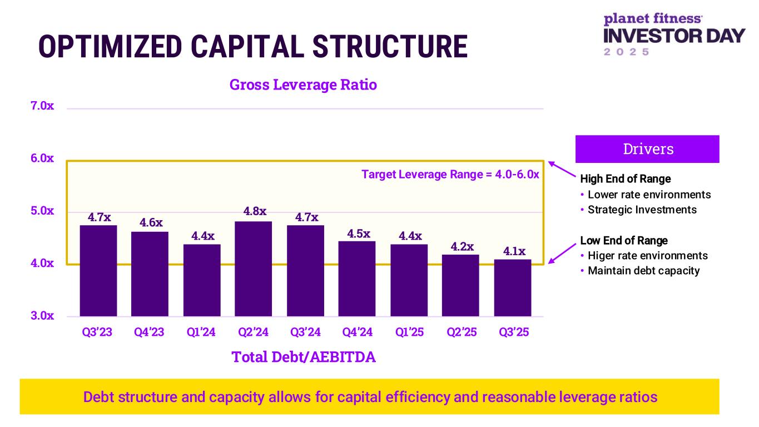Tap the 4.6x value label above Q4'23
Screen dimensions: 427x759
tap(151, 223)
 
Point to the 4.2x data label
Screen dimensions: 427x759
tap(462, 246)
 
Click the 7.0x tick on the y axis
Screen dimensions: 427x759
tap(42, 106)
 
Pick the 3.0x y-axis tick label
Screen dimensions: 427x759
tap(42, 316)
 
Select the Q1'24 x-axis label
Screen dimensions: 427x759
tap(202, 332)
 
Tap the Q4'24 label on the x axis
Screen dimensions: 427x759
tap(357, 332)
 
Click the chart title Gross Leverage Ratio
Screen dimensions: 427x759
tap(303, 85)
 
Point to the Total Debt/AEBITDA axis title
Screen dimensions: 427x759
tap(304, 357)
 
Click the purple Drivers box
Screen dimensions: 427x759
tap(647, 149)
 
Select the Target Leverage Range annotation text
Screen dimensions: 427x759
tap(450, 175)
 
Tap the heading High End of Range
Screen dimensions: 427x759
tap(625, 179)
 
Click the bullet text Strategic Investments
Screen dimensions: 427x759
tap(642, 210)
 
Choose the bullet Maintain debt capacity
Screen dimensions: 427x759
tap(643, 271)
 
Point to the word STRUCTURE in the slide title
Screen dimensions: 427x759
tap(389, 47)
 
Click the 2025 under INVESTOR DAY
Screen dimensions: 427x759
tap(627, 52)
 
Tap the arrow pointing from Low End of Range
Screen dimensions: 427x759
tap(563, 252)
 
